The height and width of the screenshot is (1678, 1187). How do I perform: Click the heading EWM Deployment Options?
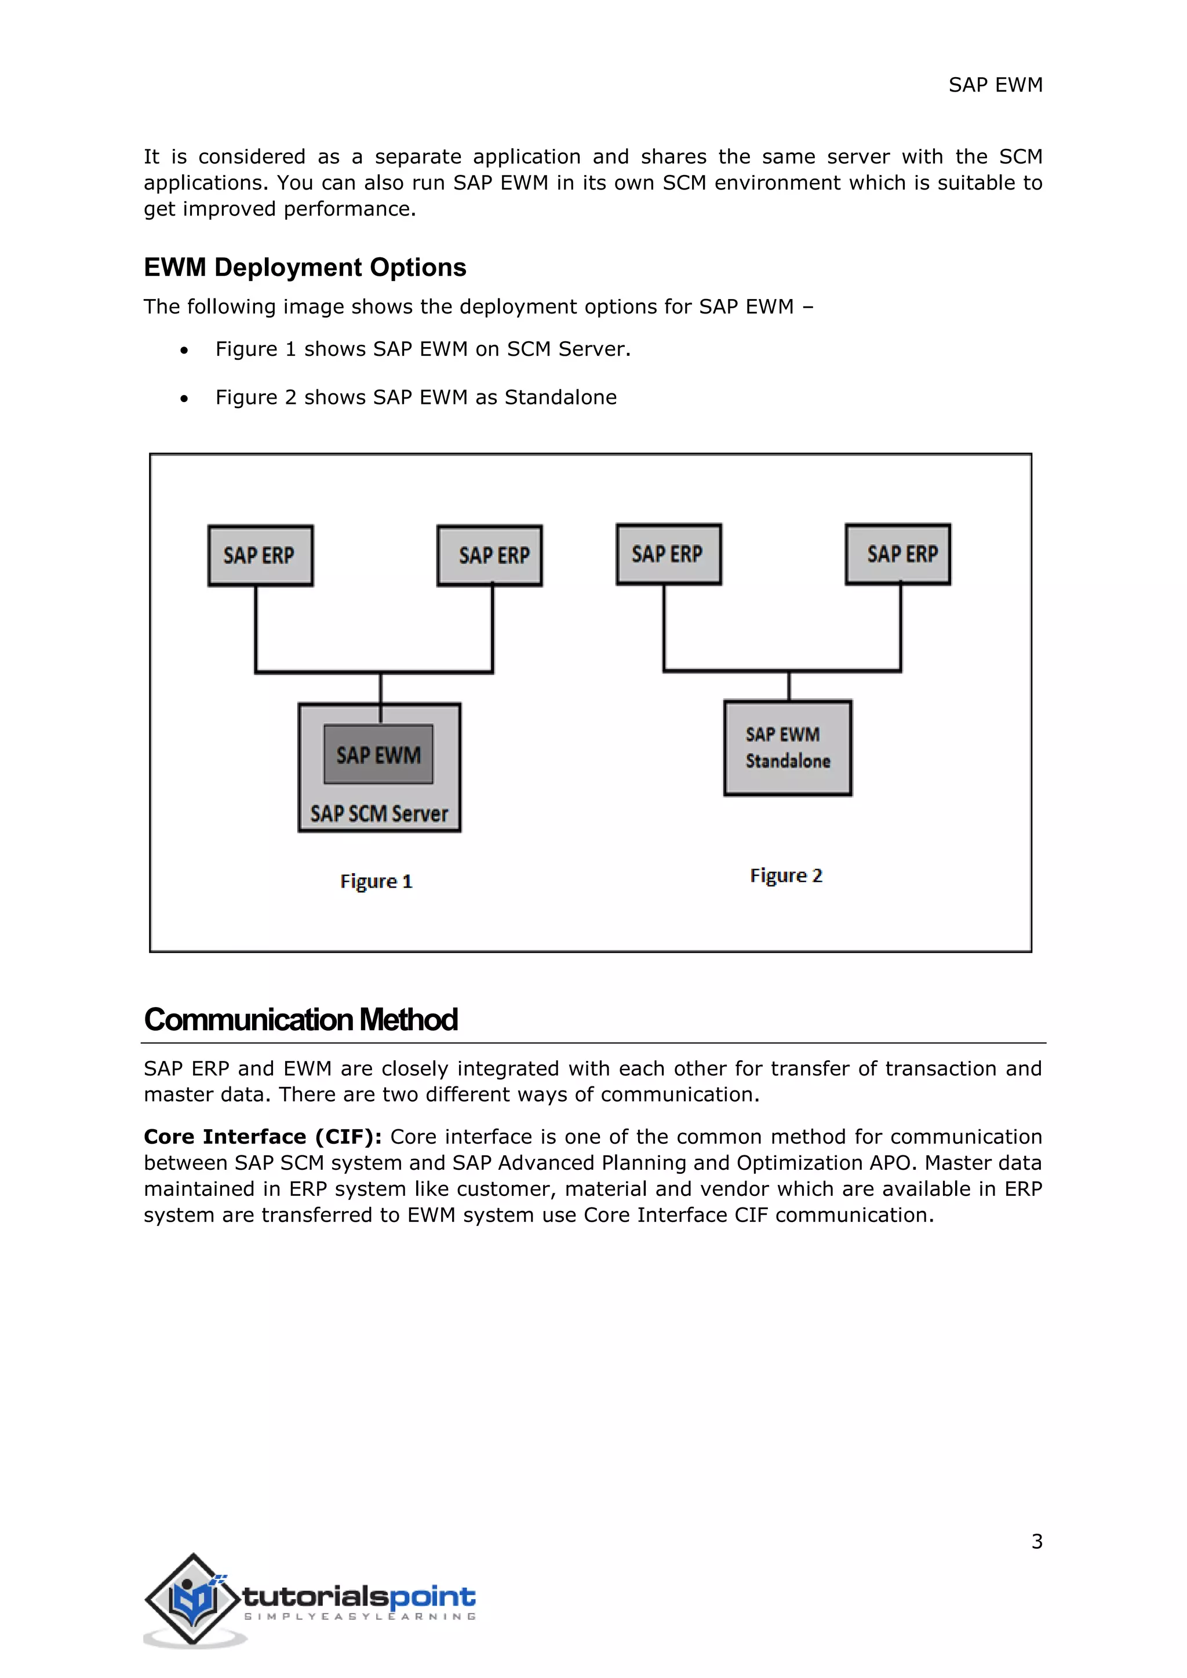click(x=305, y=268)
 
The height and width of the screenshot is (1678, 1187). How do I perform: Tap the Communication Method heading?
click(x=300, y=1020)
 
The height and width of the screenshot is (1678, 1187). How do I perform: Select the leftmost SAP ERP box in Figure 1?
click(x=260, y=556)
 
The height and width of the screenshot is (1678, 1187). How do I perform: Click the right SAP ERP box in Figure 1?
click(x=490, y=556)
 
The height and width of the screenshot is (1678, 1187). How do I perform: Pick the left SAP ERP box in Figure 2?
click(x=668, y=554)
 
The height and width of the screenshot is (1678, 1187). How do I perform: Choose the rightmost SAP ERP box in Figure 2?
click(x=898, y=554)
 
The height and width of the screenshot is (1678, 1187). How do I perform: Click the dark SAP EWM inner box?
click(x=378, y=754)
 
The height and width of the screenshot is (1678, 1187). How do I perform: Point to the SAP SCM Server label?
click(x=378, y=814)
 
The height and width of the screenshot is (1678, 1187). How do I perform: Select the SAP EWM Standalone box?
click(x=787, y=747)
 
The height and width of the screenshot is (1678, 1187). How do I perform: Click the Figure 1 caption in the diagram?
click(x=376, y=881)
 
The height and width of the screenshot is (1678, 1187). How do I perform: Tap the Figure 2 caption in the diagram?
click(x=786, y=876)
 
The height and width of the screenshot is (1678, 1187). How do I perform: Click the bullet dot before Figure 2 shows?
click(x=184, y=398)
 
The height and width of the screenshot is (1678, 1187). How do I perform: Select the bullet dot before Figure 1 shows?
click(x=184, y=351)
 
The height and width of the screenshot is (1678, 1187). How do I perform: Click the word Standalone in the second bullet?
click(x=560, y=397)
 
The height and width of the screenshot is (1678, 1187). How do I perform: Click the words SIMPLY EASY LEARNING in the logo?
click(x=359, y=1617)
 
